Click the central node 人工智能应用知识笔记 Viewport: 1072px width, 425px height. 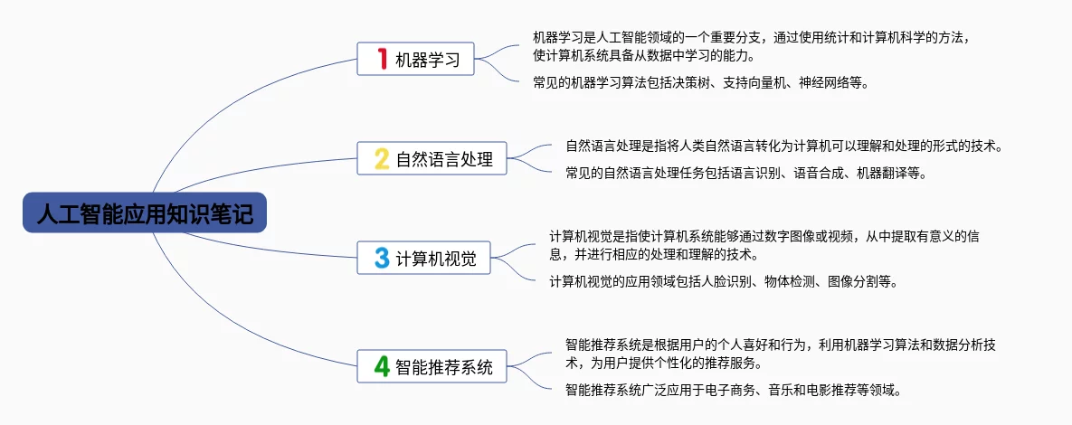145,213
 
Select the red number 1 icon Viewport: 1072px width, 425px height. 382,60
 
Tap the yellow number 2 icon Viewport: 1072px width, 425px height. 382,159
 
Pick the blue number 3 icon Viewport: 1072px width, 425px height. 382,259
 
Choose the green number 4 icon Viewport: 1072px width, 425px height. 382,366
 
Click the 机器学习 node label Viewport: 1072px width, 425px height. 428,61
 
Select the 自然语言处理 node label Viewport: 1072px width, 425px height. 444,160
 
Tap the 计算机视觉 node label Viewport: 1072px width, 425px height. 436,260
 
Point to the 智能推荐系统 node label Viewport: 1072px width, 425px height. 444,367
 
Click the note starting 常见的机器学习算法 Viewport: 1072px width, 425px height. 700,83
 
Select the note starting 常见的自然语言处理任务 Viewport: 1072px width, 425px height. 746,173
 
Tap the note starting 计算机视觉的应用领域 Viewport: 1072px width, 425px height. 724,281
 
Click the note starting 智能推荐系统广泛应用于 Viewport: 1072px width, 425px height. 733,390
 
